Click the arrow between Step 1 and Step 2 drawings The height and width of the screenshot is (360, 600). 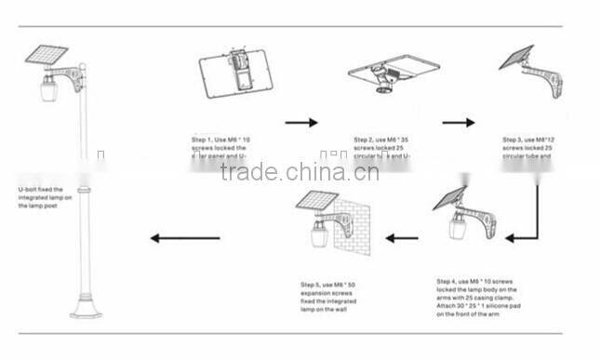click(300, 122)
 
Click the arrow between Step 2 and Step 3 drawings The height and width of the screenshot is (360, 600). click(459, 122)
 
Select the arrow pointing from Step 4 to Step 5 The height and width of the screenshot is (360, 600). click(403, 238)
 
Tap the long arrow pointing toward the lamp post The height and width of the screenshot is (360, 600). click(186, 238)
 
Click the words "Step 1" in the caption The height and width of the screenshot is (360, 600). click(203, 140)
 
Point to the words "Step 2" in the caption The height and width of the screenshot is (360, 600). click(365, 140)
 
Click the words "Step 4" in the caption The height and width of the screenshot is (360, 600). click(447, 280)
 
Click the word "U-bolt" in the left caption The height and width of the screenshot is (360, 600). click(28, 187)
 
